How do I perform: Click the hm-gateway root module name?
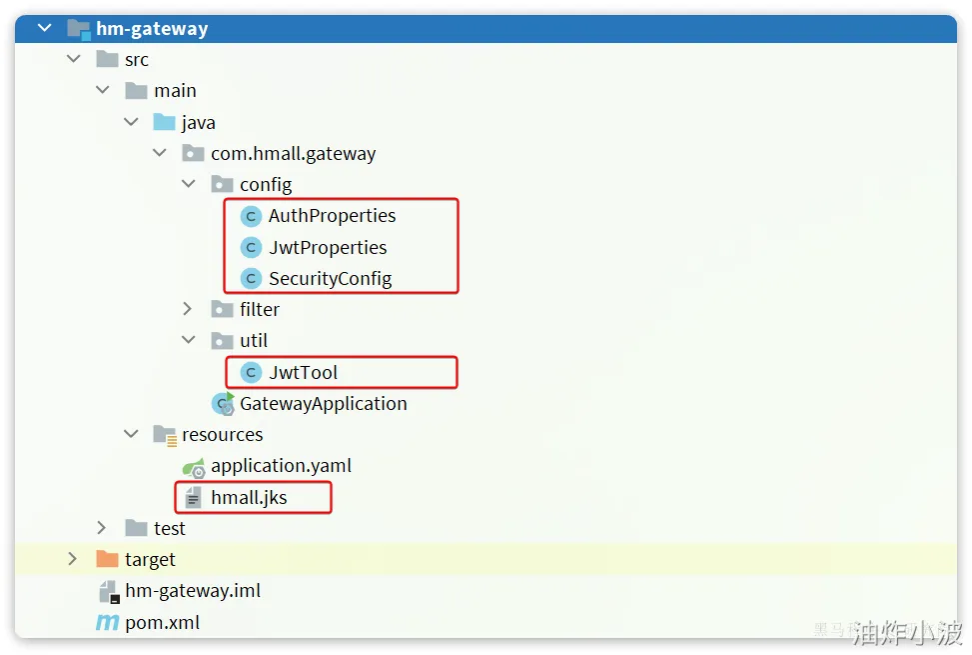[152, 28]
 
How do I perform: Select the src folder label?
[137, 60]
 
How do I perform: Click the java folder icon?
[165, 122]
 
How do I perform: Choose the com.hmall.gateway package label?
[293, 154]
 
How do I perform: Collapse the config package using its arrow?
[189, 185]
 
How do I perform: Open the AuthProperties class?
[332, 216]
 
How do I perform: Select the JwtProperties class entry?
[327, 248]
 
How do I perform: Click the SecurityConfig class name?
[330, 279]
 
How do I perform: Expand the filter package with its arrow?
[189, 310]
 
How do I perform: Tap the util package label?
[254, 341]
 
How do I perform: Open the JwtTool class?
[303, 373]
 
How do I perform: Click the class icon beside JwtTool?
[252, 373]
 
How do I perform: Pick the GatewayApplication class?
[323, 404]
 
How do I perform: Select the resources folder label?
[222, 435]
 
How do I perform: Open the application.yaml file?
[281, 466]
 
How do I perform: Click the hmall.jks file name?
[249, 498]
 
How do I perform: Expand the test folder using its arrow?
[102, 528]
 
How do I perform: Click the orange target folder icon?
[107, 559]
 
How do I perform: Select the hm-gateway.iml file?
[192, 591]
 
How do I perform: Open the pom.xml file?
[162, 622]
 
